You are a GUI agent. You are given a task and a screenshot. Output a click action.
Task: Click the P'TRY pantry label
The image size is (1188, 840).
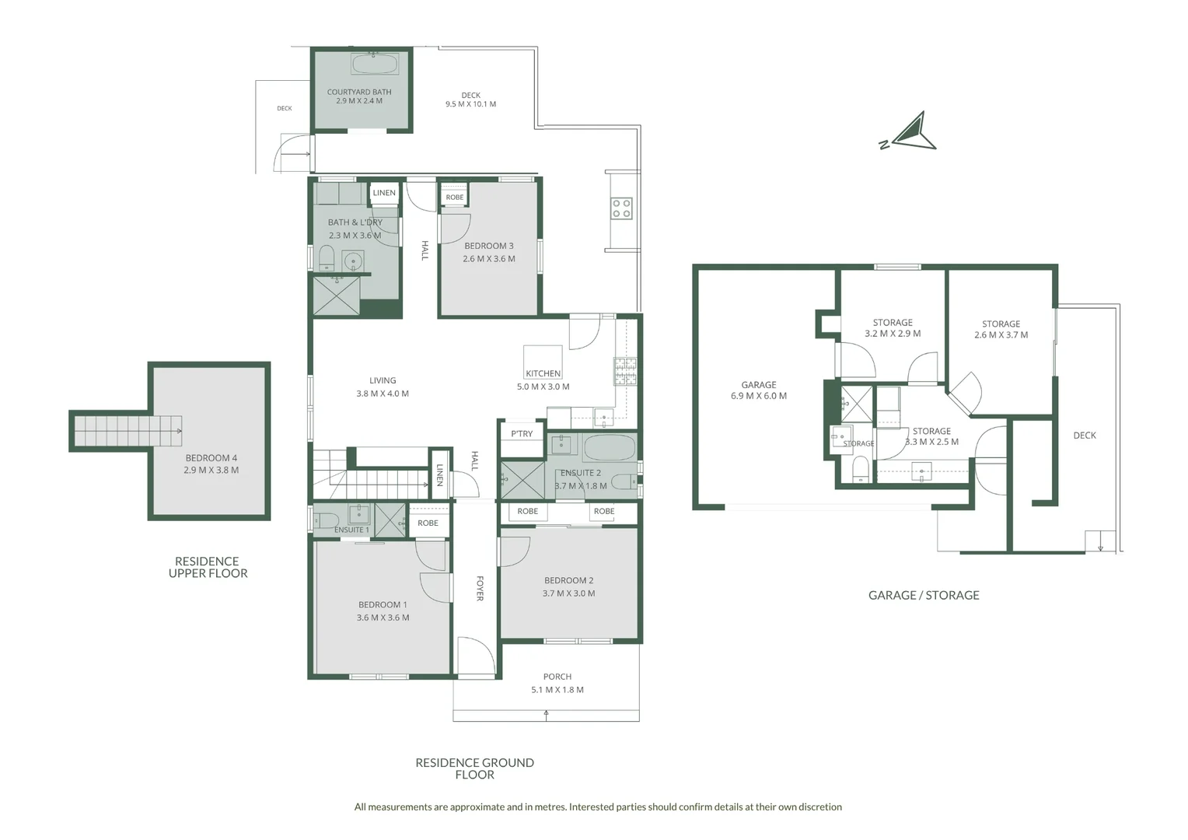(x=522, y=433)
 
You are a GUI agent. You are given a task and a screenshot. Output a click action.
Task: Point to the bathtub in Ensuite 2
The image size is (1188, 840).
(x=610, y=449)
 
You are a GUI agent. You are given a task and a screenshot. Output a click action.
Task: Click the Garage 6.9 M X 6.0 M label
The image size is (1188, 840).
(x=759, y=390)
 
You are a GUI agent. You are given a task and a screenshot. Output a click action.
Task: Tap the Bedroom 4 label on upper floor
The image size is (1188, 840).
(x=211, y=464)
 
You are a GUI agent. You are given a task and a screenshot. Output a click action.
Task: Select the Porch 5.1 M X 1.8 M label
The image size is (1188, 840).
(x=557, y=684)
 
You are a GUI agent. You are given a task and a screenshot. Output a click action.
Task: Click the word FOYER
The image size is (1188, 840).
(x=480, y=589)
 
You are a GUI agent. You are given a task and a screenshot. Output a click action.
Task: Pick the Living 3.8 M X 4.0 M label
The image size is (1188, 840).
(x=383, y=387)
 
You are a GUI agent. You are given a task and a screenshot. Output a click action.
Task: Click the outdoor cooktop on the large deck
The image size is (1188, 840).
(x=621, y=208)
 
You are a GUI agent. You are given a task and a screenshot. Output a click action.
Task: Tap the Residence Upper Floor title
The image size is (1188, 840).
(x=208, y=567)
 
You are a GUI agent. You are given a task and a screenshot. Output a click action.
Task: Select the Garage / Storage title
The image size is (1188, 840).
(x=924, y=595)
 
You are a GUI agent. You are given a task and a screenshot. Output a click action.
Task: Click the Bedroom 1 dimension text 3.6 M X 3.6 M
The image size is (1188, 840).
(x=383, y=618)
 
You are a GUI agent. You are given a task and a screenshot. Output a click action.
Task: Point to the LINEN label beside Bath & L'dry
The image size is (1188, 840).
(x=384, y=193)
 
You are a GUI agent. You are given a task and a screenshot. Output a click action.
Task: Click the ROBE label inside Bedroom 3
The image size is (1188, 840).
(x=455, y=198)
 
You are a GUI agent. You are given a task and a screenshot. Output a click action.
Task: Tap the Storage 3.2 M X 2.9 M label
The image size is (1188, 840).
(x=893, y=328)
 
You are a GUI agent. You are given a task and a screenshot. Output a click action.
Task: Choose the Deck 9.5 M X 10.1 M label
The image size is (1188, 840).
(x=471, y=100)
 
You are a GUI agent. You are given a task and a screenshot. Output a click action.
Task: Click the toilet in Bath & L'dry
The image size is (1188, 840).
(x=326, y=257)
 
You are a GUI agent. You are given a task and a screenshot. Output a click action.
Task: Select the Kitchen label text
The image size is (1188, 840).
(x=543, y=373)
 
